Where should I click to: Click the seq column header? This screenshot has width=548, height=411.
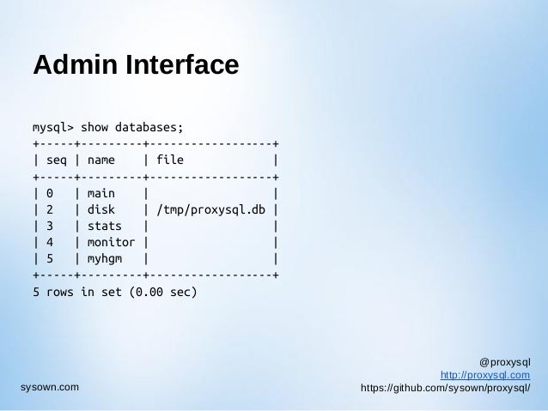point(56,160)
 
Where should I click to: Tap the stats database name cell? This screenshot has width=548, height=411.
point(104,225)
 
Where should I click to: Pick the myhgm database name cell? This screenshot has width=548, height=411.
point(104,257)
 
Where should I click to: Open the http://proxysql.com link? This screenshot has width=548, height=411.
point(484,375)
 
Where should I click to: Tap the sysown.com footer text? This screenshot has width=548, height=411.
point(49,388)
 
